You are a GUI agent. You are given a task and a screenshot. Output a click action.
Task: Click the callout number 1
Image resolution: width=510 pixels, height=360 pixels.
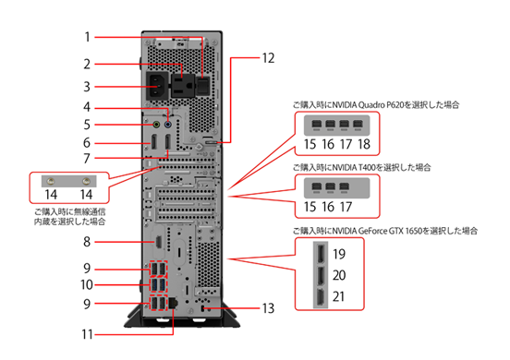[x=87, y=37]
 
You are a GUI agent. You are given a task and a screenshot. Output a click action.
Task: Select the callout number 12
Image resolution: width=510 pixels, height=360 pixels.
[x=268, y=58]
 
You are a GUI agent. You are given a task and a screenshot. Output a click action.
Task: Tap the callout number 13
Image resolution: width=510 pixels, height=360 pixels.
[x=268, y=308]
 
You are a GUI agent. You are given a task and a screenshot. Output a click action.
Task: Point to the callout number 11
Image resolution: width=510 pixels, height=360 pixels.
[x=87, y=334]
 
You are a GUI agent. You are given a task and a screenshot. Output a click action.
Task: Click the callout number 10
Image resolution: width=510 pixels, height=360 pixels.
[x=87, y=285]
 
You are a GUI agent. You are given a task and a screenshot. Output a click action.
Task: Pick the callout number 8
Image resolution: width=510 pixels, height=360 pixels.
[x=87, y=242]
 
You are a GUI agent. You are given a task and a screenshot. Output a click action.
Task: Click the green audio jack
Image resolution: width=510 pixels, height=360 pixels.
[x=156, y=125]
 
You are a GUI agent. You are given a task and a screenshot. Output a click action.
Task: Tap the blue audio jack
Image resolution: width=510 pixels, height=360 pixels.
[x=168, y=125]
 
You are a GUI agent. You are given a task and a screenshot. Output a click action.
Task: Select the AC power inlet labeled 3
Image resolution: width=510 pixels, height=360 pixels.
[x=157, y=86]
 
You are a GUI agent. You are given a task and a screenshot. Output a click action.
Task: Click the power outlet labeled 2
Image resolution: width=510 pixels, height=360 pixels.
[x=183, y=86]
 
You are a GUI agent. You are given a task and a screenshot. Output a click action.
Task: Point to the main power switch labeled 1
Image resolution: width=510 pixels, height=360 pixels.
[x=203, y=85]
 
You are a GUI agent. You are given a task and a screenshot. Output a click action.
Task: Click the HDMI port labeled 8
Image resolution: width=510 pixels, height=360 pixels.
[x=159, y=242]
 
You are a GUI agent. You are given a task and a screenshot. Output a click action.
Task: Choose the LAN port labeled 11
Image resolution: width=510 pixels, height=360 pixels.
[x=173, y=303]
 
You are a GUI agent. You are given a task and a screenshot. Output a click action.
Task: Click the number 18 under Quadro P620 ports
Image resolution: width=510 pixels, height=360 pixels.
[x=364, y=144]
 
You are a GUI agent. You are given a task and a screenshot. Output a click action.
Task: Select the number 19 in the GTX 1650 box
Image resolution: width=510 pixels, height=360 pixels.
[x=339, y=254]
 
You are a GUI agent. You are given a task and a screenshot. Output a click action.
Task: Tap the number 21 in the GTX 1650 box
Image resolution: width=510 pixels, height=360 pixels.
[x=338, y=296]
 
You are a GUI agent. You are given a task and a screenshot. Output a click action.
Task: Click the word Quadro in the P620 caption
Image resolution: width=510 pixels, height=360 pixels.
[x=371, y=105]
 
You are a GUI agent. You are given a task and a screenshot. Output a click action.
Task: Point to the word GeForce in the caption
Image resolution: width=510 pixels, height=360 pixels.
[x=372, y=231]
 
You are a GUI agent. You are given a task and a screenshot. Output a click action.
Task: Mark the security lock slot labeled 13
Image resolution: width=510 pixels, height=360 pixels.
[x=203, y=308]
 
